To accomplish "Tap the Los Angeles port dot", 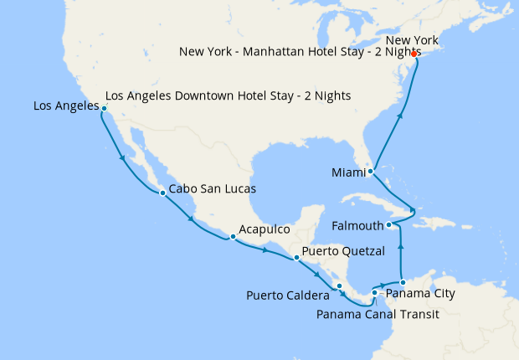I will [104, 109].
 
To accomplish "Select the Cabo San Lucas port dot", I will [162, 193].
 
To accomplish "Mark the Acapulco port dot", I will [233, 237].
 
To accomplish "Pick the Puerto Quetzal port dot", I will [296, 258].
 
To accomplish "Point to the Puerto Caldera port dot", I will [339, 286].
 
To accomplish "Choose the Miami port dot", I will [370, 172].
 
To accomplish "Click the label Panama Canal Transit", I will [378, 314].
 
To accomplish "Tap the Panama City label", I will [422, 294].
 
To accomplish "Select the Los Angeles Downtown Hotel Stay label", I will [228, 96].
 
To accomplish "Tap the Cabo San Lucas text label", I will [212, 189].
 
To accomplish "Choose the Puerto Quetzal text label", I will [343, 251].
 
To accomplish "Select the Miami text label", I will [348, 172].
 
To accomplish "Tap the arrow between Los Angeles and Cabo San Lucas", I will [123, 157].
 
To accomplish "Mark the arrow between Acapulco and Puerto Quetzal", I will [266, 249].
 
